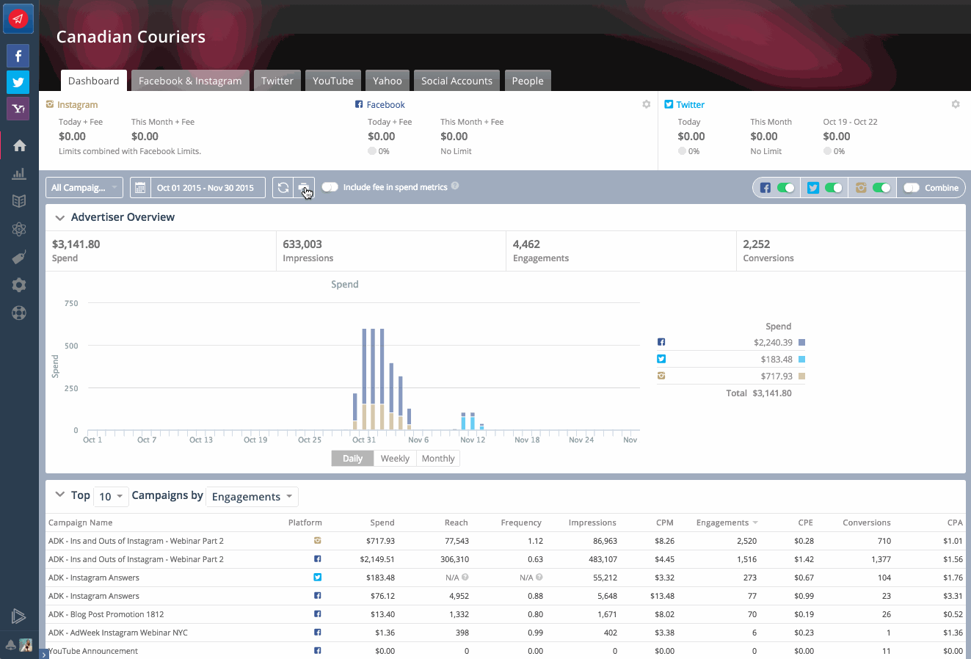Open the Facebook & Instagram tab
click(x=190, y=81)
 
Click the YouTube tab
click(x=332, y=81)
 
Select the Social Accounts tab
click(x=457, y=81)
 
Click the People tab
click(x=528, y=81)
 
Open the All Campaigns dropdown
click(x=84, y=188)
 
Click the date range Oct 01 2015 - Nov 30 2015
click(x=205, y=188)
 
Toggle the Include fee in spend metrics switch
click(x=330, y=187)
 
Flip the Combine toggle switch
click(x=912, y=188)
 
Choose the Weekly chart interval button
click(x=395, y=459)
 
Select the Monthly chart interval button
click(x=438, y=459)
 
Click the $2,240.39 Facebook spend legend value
click(x=772, y=343)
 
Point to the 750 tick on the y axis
click(x=71, y=303)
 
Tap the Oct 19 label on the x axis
click(x=255, y=440)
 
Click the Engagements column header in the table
click(x=722, y=523)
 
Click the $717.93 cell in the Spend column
click(x=380, y=541)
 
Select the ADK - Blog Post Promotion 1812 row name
click(x=106, y=614)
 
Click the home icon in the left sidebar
click(x=19, y=145)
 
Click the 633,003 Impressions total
click(x=302, y=244)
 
